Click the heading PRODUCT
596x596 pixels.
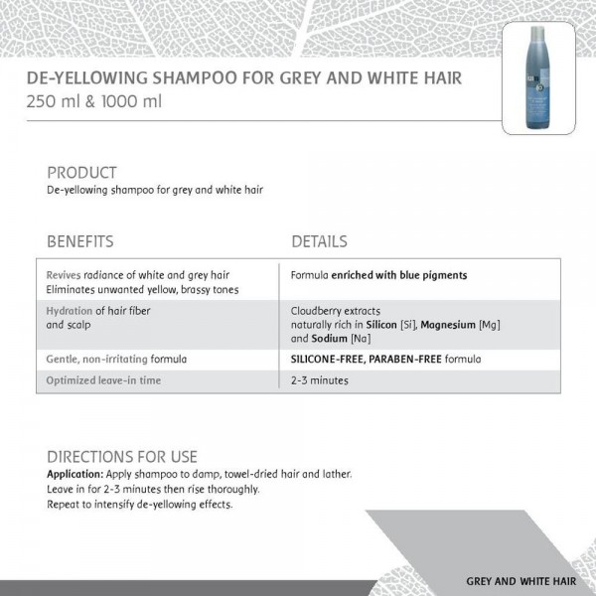click(x=81, y=173)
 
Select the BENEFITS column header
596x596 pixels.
click(x=80, y=241)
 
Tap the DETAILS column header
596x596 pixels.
click(x=319, y=241)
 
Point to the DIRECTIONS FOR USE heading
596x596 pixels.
click(x=122, y=457)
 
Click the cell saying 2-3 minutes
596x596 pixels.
click(x=320, y=380)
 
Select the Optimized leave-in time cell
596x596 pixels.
click(x=103, y=380)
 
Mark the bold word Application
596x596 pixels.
click(x=75, y=474)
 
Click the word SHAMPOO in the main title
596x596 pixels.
click(x=186, y=77)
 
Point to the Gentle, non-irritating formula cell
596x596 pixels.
click(x=117, y=358)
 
